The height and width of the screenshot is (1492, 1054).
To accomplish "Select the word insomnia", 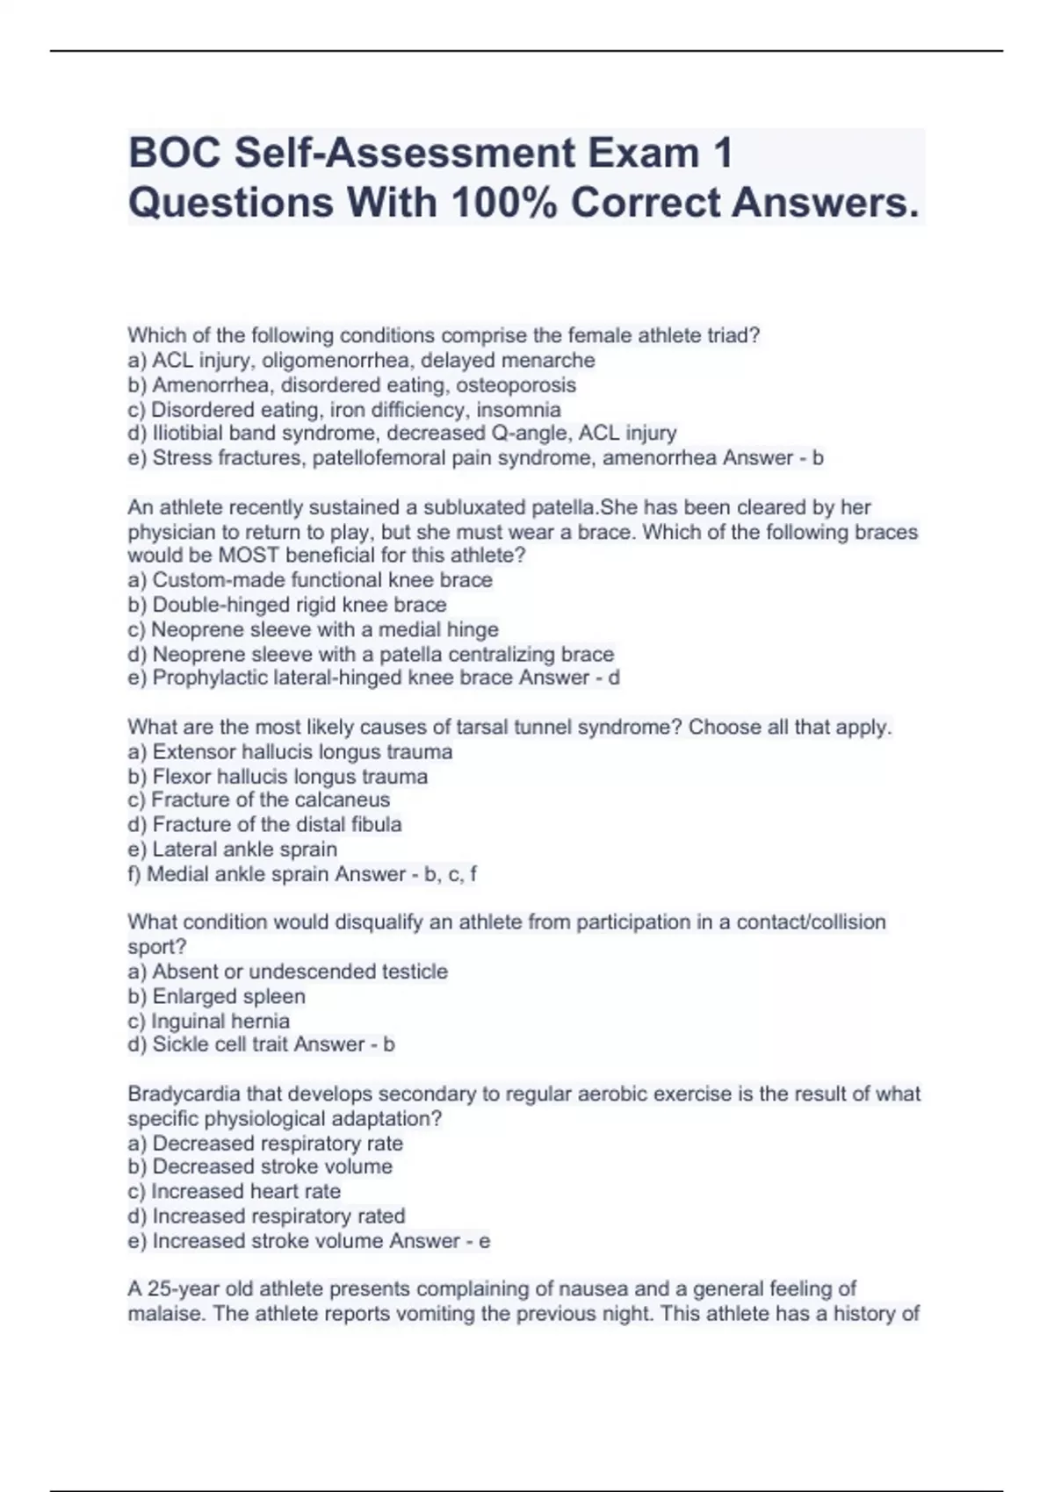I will point(518,410).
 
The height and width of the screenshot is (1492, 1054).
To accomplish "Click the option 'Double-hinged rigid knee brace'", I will point(299,605).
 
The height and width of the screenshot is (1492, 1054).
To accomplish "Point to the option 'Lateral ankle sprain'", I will point(244,850).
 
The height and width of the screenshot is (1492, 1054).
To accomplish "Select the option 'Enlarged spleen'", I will point(228,997).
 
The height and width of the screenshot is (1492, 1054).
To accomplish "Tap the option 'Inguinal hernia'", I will point(220,1022).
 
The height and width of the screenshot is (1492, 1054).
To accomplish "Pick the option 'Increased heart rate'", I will point(245,1192).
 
